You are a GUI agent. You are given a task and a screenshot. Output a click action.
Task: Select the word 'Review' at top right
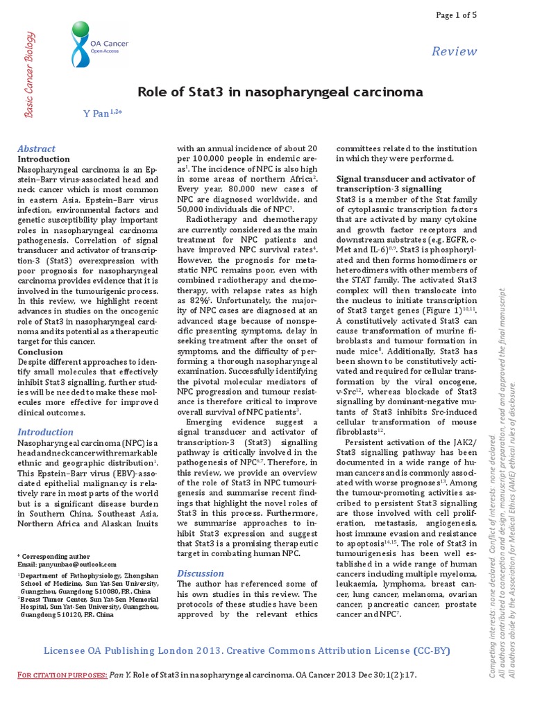click(454, 51)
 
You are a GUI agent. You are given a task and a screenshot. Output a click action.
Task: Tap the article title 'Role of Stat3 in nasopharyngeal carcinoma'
click(280, 92)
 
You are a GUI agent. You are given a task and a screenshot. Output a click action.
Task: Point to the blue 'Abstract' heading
click(36, 148)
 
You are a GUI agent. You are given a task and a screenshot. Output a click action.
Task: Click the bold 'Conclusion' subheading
click(40, 352)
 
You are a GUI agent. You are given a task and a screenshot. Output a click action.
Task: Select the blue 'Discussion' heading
click(201, 573)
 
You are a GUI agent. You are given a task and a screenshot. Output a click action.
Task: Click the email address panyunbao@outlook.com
click(76, 565)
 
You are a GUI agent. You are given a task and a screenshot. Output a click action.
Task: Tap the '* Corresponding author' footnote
click(53, 556)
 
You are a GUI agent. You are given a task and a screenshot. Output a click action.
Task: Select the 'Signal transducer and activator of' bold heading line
click(405, 179)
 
